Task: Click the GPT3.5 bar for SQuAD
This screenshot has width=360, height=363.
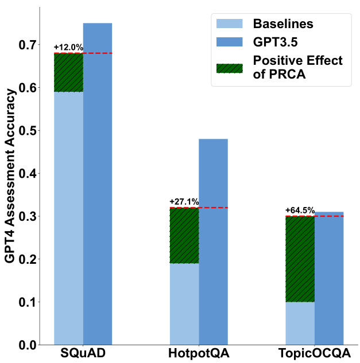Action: point(98,184)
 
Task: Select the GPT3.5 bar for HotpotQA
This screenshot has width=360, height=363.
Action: point(213,241)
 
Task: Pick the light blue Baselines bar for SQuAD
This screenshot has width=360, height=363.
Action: point(68,218)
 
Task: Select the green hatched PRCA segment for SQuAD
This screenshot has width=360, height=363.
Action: point(68,72)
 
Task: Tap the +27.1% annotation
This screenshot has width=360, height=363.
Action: point(184,202)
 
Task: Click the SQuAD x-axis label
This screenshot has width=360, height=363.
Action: point(83,353)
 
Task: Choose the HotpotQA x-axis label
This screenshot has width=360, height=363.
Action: point(199,353)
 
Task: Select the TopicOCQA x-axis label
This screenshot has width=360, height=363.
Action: point(315,353)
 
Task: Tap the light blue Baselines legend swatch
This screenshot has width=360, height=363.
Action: point(229,24)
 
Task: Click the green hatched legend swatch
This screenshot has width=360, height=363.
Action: point(229,67)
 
